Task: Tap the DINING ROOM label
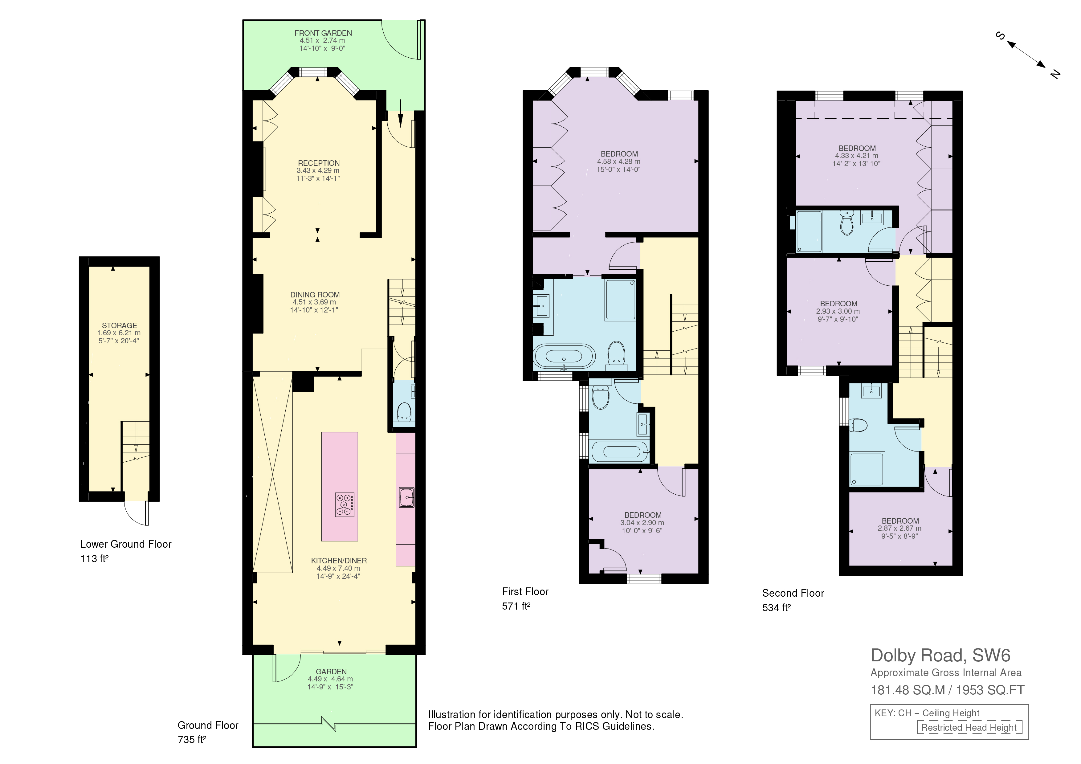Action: tap(315, 295)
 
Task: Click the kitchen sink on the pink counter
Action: tap(406, 497)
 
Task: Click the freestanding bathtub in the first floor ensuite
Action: tap(564, 356)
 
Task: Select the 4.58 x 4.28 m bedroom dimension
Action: tap(619, 161)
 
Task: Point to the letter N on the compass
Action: tap(1055, 74)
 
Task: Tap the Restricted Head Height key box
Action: tap(969, 727)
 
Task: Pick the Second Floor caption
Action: tap(793, 593)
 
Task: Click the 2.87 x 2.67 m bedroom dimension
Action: tap(900, 529)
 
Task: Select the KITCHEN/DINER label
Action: tap(339, 561)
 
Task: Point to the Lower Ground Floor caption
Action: tap(126, 544)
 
